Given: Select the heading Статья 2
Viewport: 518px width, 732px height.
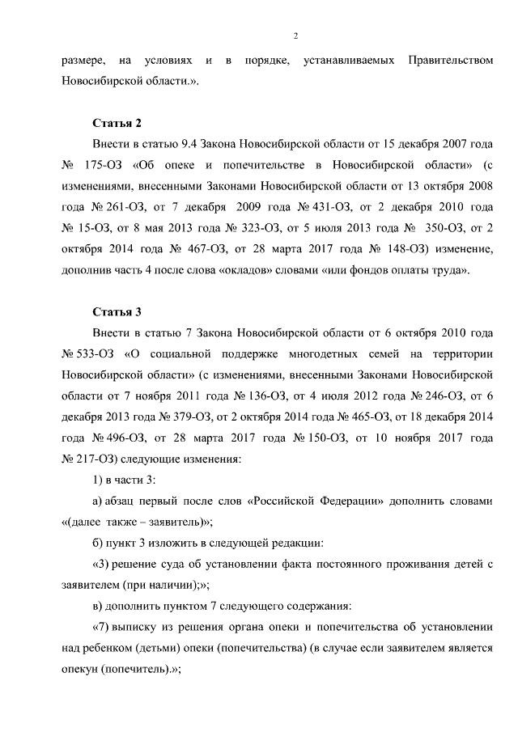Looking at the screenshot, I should [x=117, y=123].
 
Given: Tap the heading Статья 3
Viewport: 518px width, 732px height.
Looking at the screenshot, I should [x=117, y=311].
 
